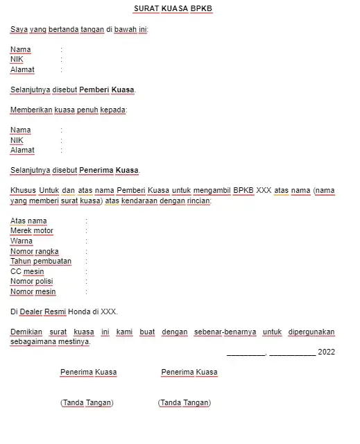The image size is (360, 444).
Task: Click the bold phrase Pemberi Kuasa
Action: (107, 90)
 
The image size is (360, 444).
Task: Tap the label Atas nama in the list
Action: (28, 221)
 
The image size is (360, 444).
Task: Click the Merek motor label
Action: (32, 231)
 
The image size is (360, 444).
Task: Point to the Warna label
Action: (22, 241)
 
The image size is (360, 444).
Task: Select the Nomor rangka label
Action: (34, 251)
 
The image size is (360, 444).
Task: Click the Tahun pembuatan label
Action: (41, 262)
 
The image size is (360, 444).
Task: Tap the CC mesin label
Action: (27, 272)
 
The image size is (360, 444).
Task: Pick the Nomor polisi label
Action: (32, 282)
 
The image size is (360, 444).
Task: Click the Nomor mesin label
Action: (33, 292)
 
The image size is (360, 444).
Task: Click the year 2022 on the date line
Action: (326, 352)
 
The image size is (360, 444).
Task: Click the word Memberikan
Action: (31, 110)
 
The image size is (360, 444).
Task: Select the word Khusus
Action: (23, 190)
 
